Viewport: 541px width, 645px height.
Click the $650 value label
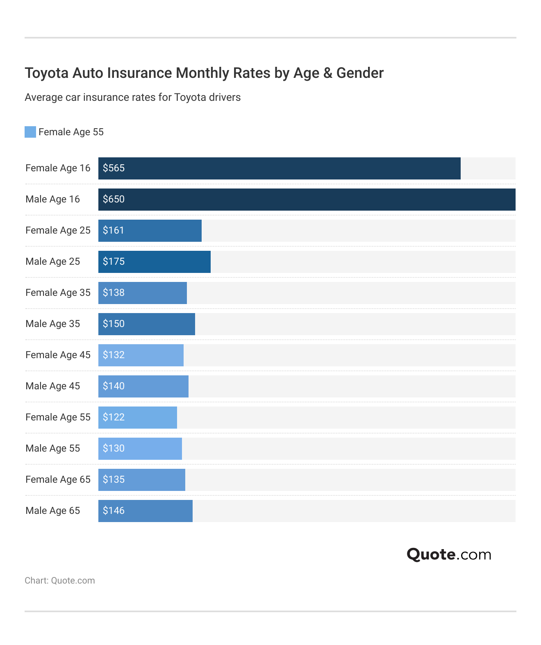point(114,199)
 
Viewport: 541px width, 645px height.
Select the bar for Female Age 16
point(279,168)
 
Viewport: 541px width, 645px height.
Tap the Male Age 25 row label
point(52,261)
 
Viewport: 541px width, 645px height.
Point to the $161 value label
point(114,230)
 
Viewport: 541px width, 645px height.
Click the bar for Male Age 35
point(147,324)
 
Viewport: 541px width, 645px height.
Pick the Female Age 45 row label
point(58,355)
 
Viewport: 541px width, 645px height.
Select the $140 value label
point(114,386)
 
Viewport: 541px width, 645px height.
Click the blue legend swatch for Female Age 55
point(30,132)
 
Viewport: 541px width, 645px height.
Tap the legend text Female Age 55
point(71,132)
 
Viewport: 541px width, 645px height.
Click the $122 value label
point(114,417)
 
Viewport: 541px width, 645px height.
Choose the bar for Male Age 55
point(140,449)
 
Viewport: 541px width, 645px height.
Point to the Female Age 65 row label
point(58,479)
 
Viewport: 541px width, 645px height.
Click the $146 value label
point(114,511)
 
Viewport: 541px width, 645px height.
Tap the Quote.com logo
point(449,554)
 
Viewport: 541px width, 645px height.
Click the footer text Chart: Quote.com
point(60,581)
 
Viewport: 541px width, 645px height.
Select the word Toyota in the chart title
point(47,73)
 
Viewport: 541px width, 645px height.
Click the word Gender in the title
point(360,73)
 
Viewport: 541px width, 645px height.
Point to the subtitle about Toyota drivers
point(132,98)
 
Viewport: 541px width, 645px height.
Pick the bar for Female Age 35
point(143,293)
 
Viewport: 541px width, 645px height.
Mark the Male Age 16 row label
point(52,199)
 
